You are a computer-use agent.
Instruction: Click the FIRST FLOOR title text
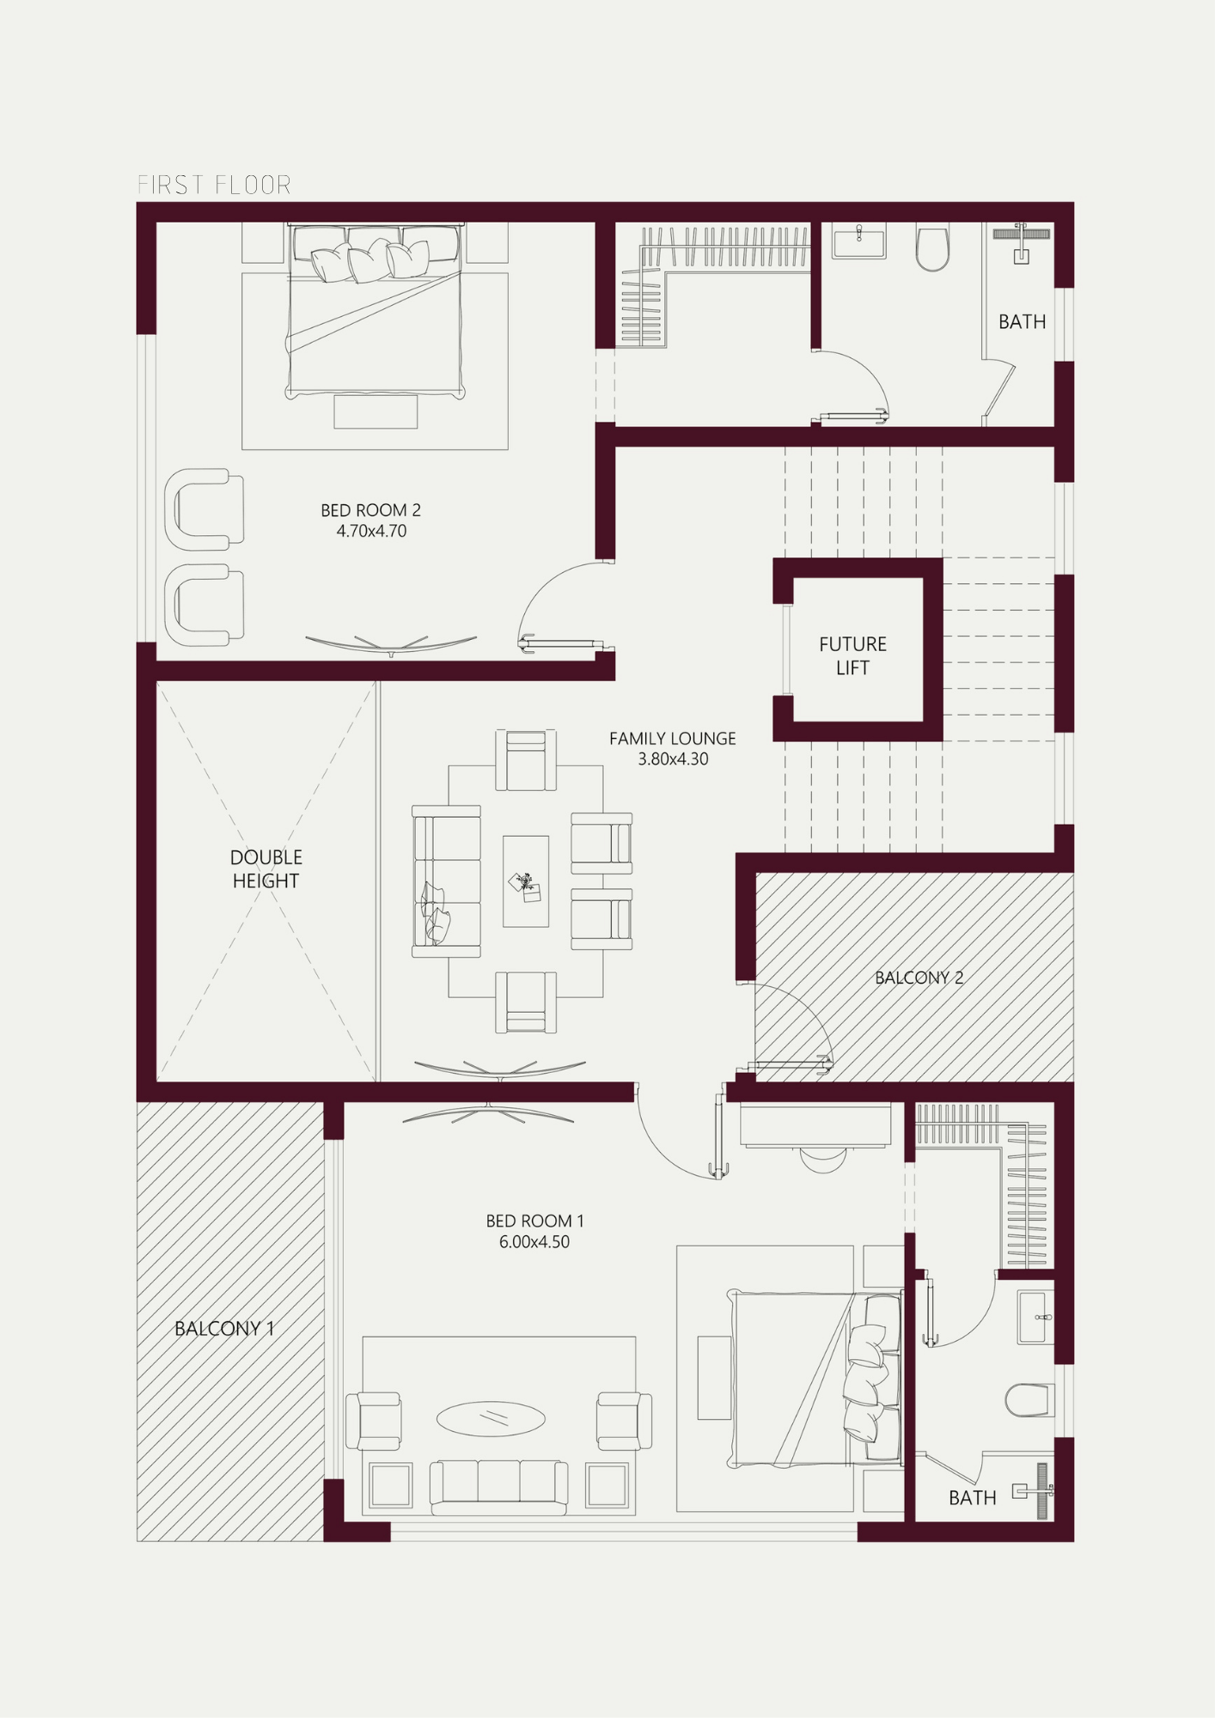pos(214,185)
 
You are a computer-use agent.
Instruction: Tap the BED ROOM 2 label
pos(370,510)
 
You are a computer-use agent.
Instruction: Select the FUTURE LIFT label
pos(852,655)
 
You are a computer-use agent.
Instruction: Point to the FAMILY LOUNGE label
pos(673,739)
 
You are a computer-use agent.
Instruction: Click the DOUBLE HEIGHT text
pos(266,868)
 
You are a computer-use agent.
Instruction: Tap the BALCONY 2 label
pos(919,978)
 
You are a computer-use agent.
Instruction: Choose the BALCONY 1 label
pos(224,1329)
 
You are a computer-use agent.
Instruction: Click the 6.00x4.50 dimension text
pos(534,1242)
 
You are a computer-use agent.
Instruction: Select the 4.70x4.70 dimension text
pos(371,531)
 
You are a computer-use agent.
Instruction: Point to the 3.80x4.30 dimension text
pos(673,759)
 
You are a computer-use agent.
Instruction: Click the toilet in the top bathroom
pos(932,247)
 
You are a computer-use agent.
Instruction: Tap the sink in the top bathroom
pos(858,241)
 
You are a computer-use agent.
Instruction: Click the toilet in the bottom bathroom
pos(1029,1400)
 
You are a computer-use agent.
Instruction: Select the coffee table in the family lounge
pos(526,881)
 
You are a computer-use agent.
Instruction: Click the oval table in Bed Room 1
pos(491,1418)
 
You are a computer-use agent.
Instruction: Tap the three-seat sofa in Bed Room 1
pos(498,1487)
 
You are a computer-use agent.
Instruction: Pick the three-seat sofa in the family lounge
pos(447,881)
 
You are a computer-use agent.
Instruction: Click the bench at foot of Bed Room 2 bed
pos(375,411)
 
